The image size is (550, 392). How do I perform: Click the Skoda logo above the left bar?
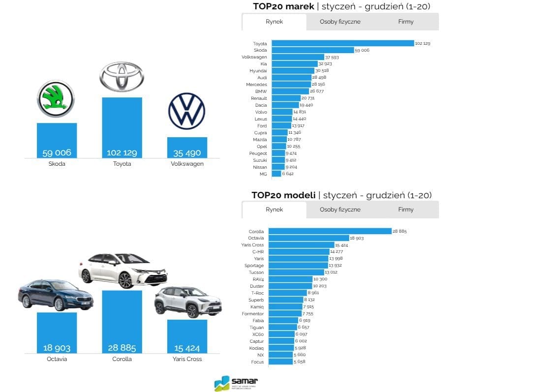tap(56, 98)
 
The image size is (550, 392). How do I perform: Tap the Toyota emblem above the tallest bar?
tap(122, 77)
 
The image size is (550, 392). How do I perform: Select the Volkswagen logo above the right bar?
tap(186, 111)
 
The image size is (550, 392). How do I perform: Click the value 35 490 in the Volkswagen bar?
tap(187, 153)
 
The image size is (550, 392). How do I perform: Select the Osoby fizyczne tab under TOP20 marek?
tap(340, 22)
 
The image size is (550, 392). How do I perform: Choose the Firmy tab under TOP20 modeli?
tap(406, 210)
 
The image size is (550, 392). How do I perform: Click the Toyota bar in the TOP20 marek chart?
tap(342, 43)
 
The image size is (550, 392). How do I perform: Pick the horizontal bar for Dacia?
tap(285, 105)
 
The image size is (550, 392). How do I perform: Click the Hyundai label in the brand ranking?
tap(258, 71)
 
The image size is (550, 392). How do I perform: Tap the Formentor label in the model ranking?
tap(252, 314)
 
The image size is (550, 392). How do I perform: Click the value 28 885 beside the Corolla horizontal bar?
tap(399, 231)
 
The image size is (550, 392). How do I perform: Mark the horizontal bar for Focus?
tap(280, 362)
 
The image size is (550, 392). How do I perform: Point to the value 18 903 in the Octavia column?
tap(57, 348)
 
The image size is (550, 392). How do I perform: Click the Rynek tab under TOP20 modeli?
tap(274, 210)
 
